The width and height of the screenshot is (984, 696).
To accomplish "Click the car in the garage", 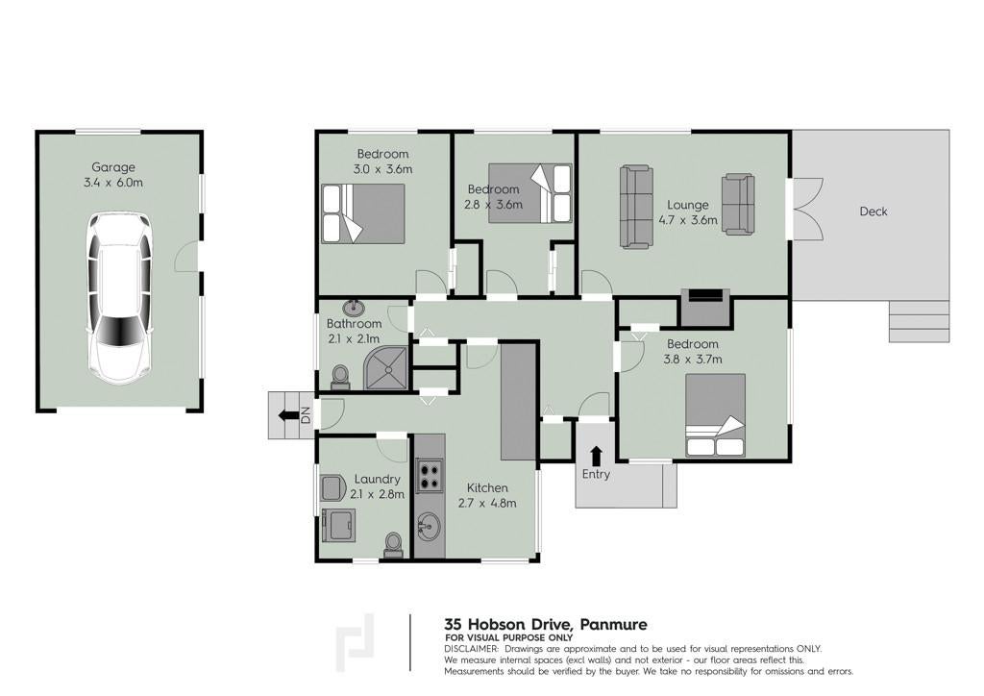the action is (x=119, y=298).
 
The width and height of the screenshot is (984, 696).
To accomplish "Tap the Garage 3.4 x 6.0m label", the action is (x=113, y=175).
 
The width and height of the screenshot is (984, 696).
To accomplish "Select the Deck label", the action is (x=873, y=211).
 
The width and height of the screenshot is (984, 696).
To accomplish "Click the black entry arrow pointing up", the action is (x=596, y=456).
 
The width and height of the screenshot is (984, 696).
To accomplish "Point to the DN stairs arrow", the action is (x=288, y=415).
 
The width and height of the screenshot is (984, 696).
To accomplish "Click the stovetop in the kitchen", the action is (x=430, y=474).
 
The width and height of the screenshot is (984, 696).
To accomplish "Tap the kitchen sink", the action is (x=430, y=524).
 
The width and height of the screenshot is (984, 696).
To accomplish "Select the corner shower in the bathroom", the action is (x=386, y=368).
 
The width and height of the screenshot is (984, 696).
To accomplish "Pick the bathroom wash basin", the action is (x=355, y=308).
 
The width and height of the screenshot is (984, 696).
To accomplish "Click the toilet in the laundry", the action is (x=393, y=544).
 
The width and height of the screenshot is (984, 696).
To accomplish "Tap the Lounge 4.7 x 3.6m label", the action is (x=688, y=212).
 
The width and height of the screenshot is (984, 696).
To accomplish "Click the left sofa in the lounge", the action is (x=636, y=206).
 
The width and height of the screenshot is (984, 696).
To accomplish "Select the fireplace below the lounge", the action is (x=705, y=307).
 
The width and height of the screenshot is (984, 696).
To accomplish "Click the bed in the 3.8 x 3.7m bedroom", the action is (x=715, y=415).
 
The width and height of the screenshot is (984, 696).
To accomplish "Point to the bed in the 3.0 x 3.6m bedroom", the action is (x=362, y=213).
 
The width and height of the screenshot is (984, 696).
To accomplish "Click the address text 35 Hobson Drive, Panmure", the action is (x=546, y=625).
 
